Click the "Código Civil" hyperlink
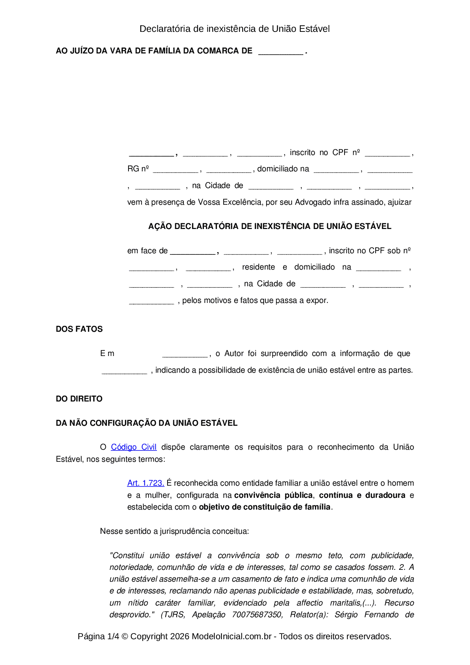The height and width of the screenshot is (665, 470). coord(133,447)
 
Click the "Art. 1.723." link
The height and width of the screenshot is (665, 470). coord(146,483)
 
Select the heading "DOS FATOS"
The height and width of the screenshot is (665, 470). coord(79,329)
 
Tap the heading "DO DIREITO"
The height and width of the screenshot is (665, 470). coord(79,399)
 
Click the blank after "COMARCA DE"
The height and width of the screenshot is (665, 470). coord(280,52)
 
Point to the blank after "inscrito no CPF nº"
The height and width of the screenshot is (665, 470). coord(387,153)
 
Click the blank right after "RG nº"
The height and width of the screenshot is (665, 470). coord(175,169)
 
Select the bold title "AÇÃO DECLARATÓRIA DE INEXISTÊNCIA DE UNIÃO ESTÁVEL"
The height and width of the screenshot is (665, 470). coord(269,226)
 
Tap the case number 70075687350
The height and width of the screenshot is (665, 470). coord(257,615)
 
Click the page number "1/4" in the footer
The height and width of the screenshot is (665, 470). coord(113,636)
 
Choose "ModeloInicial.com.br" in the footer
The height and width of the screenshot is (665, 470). coord(232,636)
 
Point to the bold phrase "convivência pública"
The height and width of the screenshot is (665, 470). coord(273,495)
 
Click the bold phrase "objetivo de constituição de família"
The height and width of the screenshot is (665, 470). coord(265,507)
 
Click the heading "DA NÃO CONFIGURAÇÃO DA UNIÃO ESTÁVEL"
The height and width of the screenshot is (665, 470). coord(147,423)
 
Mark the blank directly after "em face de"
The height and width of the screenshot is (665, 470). coord(193,251)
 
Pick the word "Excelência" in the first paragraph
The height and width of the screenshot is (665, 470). coord(243,202)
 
